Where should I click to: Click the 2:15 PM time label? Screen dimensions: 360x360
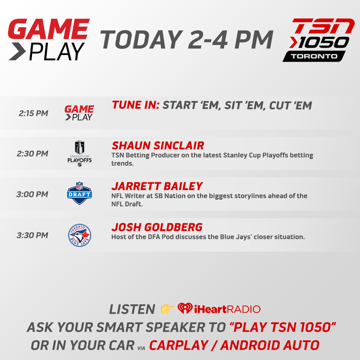coord(33,113)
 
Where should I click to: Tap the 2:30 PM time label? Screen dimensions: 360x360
coord(32,154)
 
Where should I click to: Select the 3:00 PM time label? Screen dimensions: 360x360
coord(32,194)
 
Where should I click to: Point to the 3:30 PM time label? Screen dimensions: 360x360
coord(32,235)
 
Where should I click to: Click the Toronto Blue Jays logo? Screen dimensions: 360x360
coord(79,235)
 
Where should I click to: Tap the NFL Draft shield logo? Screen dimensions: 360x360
coord(79,193)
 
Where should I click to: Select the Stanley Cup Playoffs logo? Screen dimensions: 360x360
coord(79,153)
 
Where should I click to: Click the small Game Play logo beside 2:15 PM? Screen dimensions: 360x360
coord(79,113)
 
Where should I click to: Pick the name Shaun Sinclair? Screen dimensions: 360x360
coord(158,146)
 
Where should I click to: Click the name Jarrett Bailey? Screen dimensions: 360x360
coord(157,186)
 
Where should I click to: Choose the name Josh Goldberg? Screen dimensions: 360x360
coord(157,227)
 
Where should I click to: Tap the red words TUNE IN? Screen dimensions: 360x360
coord(136,105)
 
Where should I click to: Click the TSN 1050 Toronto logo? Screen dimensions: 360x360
coord(318,40)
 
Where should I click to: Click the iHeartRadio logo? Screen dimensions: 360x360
coord(219,309)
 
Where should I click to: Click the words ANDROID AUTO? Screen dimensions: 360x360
coord(270,345)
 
